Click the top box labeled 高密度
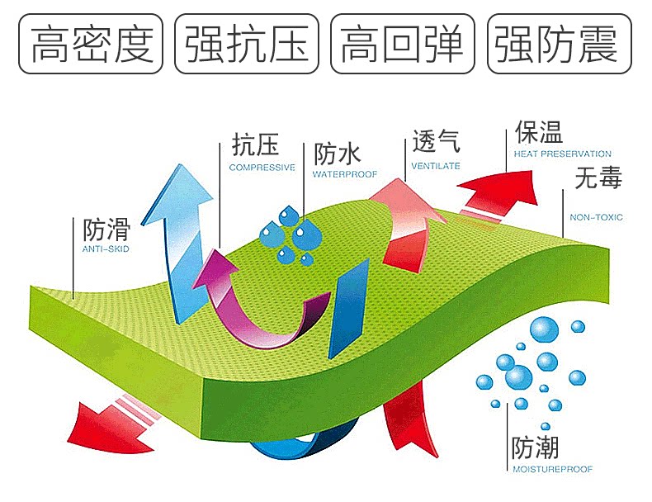pyautogui.click(x=92, y=44)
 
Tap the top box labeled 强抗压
pyautogui.click(x=247, y=44)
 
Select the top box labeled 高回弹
pyautogui.click(x=403, y=44)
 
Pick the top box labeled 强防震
pyautogui.click(x=558, y=44)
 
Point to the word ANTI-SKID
pyautogui.click(x=106, y=249)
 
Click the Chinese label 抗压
pyautogui.click(x=255, y=146)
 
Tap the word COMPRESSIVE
pyautogui.click(x=262, y=167)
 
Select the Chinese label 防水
pyautogui.click(x=338, y=154)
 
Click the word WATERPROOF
pyautogui.click(x=344, y=175)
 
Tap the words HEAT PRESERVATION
pyautogui.click(x=562, y=154)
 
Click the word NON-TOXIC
pyautogui.click(x=596, y=218)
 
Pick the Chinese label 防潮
pyautogui.click(x=535, y=448)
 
